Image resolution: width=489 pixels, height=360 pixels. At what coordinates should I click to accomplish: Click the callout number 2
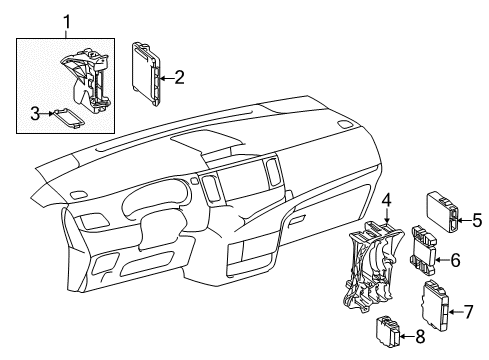point(179,75)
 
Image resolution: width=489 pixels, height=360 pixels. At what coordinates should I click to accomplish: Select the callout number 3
point(34,115)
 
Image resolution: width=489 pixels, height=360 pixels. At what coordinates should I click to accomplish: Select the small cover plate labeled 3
point(69,118)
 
